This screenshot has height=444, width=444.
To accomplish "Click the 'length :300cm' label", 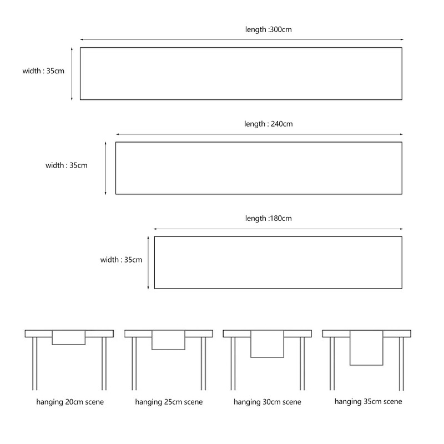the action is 269,29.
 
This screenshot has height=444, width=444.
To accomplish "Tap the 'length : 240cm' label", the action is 269,124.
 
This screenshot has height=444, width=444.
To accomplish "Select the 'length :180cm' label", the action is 269,218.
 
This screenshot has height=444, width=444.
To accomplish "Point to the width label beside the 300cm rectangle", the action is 43,71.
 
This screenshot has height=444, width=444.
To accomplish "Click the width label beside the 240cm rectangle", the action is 67,165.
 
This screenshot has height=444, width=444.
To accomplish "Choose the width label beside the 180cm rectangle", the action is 121,260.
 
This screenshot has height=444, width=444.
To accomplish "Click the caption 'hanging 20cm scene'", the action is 70,402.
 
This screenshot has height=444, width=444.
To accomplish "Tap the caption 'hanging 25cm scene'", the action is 169,402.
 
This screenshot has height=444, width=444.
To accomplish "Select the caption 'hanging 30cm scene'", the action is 268,402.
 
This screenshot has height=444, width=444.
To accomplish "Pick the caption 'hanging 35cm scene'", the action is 368,401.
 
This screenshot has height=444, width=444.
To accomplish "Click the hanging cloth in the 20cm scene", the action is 68,337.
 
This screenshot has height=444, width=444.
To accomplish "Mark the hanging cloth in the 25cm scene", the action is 169,340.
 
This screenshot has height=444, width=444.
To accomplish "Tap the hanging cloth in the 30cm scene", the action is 268,344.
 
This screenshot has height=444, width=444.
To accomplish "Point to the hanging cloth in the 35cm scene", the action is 366,348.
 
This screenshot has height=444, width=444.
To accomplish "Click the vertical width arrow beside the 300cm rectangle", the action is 72,74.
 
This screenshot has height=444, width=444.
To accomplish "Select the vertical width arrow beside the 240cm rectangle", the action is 105,169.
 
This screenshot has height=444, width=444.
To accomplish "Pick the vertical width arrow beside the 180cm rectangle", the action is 148,263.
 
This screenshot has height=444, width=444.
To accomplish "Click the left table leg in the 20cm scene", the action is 35,364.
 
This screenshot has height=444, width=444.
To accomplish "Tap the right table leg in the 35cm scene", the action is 401,364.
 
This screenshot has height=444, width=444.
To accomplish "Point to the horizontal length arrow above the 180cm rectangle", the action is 278,229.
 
